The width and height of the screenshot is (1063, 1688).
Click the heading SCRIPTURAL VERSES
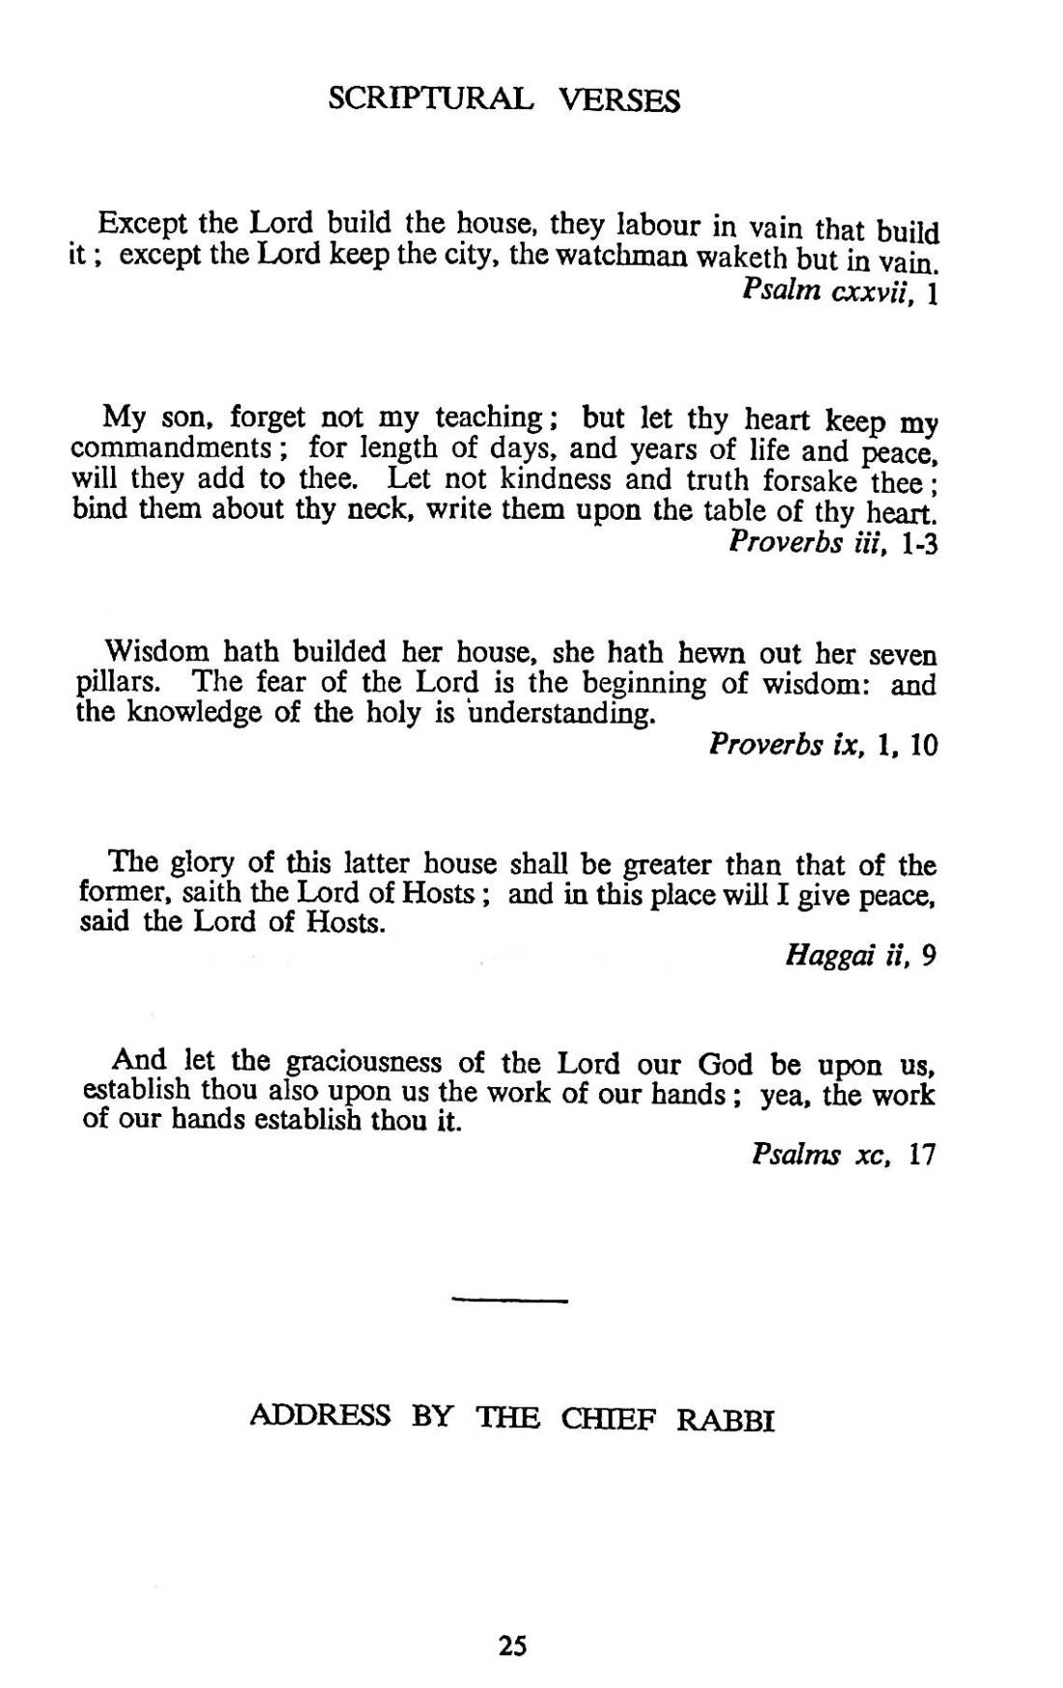503,100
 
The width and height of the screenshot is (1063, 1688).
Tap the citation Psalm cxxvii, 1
840,293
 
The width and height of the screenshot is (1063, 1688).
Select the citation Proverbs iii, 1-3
833,543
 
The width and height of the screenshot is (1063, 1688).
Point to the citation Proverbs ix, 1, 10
822,746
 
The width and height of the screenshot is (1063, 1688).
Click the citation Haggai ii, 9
860,956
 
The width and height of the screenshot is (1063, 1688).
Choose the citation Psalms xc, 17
844,1156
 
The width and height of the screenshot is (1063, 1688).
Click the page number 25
513,1645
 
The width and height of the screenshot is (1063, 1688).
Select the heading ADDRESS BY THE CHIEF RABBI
512,1418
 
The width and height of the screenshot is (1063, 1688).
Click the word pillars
115,684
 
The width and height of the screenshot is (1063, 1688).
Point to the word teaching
492,418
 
